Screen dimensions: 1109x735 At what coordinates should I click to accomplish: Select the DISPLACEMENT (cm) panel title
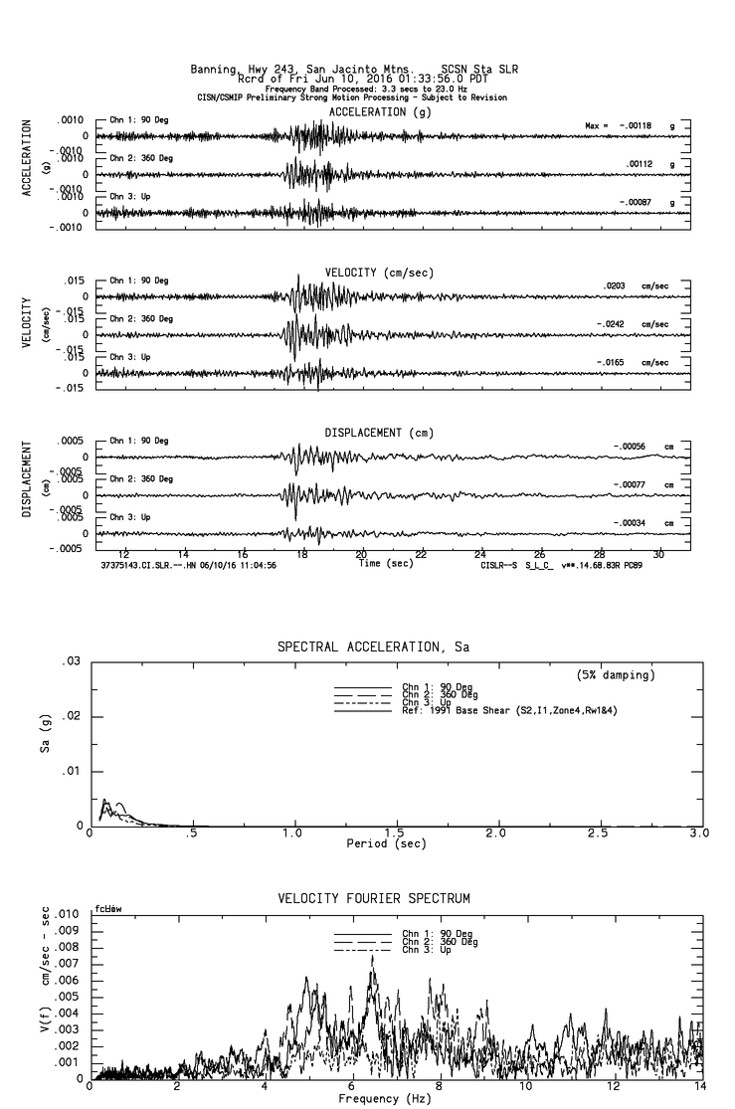tap(378, 433)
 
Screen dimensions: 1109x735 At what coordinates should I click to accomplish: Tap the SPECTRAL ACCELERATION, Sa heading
tap(373, 647)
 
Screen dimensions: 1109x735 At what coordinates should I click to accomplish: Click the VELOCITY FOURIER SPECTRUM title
tap(373, 899)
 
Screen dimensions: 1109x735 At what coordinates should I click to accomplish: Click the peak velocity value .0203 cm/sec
tap(618, 286)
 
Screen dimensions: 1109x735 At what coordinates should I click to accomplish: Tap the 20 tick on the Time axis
tap(361, 555)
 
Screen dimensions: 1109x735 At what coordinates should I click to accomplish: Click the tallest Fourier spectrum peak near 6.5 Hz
tap(372, 956)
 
